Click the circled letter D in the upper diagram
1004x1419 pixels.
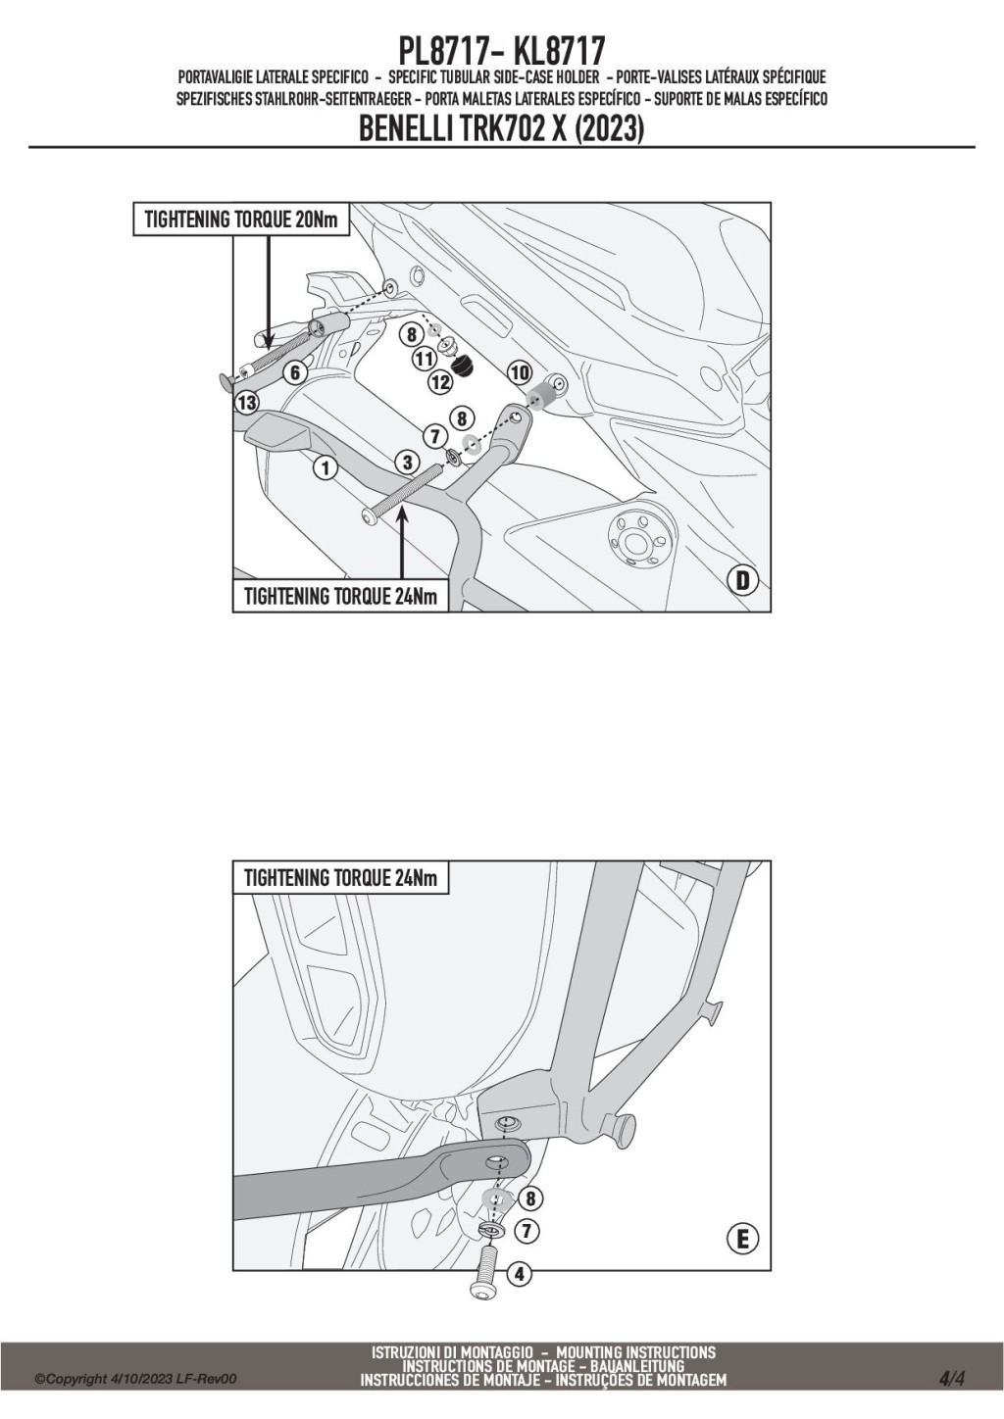[x=742, y=581]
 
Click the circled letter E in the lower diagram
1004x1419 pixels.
[x=742, y=1239]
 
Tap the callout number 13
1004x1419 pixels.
[x=246, y=402]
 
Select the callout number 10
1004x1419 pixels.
[x=520, y=372]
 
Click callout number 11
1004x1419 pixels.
[x=424, y=359]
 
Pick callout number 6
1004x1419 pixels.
[x=293, y=372]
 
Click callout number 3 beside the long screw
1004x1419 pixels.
[x=408, y=462]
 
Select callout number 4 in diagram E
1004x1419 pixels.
[x=520, y=1275]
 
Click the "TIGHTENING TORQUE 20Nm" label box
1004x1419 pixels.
[x=240, y=220]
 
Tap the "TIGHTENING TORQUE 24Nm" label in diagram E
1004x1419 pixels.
[x=340, y=878]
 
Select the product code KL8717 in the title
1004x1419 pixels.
[x=559, y=51]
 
